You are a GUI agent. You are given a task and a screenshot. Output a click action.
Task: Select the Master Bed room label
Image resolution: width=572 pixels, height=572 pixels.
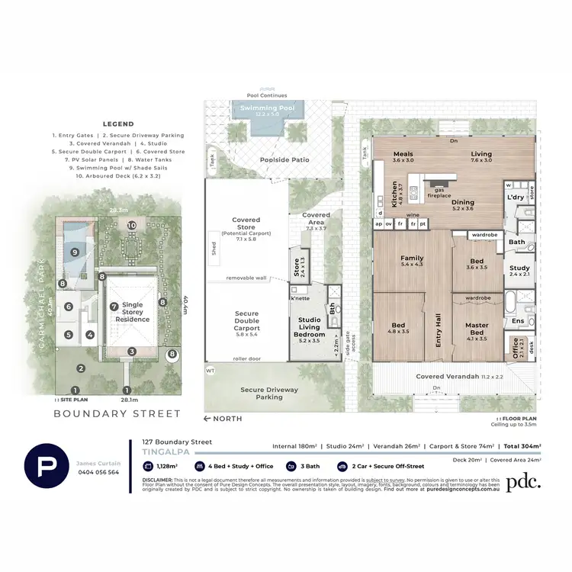[x=477, y=329]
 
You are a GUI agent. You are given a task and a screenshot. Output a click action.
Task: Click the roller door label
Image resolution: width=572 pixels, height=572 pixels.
[x=246, y=358]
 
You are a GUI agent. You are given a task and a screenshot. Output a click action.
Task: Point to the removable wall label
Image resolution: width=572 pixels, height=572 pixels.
[x=246, y=278]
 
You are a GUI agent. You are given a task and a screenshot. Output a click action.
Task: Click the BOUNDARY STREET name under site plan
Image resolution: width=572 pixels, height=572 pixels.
[x=117, y=414]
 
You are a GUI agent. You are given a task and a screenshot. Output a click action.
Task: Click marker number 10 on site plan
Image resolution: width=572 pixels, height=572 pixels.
[x=132, y=225]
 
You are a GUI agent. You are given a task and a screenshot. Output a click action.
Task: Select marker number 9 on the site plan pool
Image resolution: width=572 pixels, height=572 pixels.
[x=75, y=251]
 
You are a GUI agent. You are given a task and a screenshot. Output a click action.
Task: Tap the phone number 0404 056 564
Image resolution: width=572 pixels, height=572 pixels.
[x=97, y=472]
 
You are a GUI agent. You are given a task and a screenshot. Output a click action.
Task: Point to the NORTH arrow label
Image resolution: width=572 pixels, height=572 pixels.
[x=224, y=419]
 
